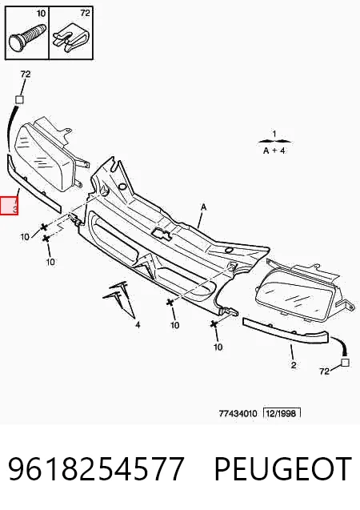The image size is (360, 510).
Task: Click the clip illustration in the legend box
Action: [x=71, y=38]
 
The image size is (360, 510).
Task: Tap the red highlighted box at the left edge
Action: [x=9, y=206]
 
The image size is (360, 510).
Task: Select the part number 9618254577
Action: [x=97, y=468]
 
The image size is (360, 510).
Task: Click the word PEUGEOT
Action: [x=282, y=468]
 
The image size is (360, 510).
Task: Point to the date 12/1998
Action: [x=282, y=413]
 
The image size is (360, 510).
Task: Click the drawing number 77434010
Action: [x=238, y=413]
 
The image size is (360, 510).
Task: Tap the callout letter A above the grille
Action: [x=203, y=207]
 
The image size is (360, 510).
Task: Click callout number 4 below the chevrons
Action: [x=138, y=324]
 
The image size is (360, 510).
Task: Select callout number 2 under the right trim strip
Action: [x=294, y=365]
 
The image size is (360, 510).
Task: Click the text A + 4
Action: [x=274, y=151]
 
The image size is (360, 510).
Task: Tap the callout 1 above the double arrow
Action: [x=274, y=134]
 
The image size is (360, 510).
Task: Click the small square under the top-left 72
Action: [x=20, y=99]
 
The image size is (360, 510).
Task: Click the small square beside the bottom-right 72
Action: [x=345, y=363]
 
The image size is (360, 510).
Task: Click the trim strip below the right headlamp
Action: [x=286, y=331]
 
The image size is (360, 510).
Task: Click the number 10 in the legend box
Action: [x=41, y=14]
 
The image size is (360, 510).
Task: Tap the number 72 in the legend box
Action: [x=85, y=13]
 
